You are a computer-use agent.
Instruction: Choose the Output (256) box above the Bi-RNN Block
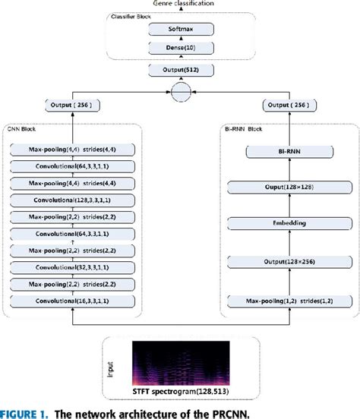tap(287, 105)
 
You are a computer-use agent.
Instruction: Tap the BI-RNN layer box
tap(287, 152)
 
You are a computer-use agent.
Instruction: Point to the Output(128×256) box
tap(287, 263)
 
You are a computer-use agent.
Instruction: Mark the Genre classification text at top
tap(179, 4)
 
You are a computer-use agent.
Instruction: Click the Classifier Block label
tap(133, 16)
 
